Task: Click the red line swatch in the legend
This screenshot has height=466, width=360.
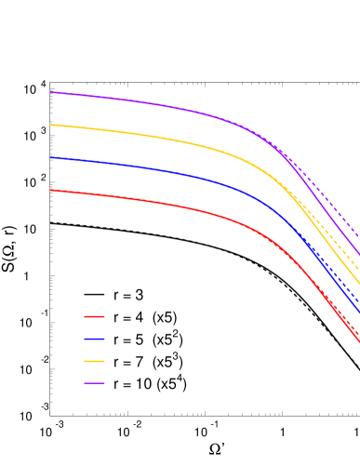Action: click(x=94, y=316)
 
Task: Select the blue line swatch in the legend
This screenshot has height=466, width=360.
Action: click(x=94, y=339)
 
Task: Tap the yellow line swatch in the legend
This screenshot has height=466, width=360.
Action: click(x=94, y=361)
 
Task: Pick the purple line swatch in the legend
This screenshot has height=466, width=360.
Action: click(x=94, y=383)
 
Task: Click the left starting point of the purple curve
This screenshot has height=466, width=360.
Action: click(x=50, y=92)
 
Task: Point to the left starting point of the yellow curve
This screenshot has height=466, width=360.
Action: click(x=50, y=125)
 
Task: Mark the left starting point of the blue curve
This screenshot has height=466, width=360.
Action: click(x=50, y=157)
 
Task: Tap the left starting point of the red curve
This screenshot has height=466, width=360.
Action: click(x=50, y=190)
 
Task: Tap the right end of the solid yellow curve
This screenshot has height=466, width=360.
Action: click(x=359, y=285)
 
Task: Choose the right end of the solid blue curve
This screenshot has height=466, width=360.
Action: click(x=359, y=313)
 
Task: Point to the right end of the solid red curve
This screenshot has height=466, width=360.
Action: click(x=359, y=344)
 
